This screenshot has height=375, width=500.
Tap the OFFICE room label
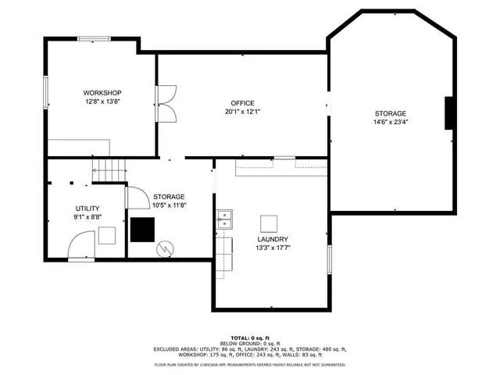(x=242, y=103)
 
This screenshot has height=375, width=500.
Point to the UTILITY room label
(x=87, y=208)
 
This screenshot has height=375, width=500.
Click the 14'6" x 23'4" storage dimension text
(x=390, y=122)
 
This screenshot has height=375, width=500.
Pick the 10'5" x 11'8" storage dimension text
(x=168, y=205)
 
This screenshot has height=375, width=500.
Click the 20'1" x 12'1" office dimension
(x=242, y=112)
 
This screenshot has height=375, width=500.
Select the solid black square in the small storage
(x=142, y=229)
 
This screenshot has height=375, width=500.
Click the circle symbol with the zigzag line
(x=166, y=248)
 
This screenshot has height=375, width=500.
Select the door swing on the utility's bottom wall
(x=82, y=248)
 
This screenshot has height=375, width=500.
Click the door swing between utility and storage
(x=134, y=198)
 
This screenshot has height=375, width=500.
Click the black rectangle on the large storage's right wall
(x=449, y=113)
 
